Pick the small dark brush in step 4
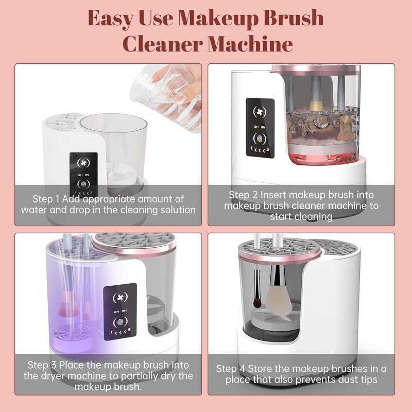pyautogui.click(x=256, y=290)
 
